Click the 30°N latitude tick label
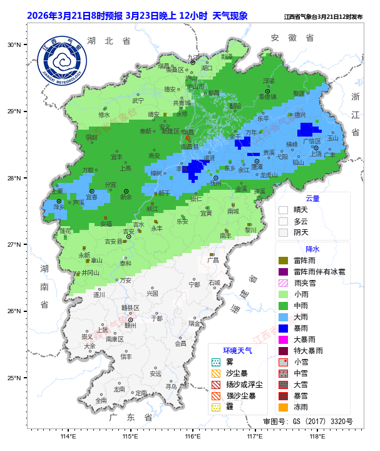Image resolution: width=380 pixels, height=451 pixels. [x=14, y=45]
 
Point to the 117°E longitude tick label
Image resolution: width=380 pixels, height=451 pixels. [x=254, y=437]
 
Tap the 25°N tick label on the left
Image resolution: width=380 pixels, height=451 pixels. [x=14, y=378]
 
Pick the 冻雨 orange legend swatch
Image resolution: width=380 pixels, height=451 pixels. [x=283, y=407]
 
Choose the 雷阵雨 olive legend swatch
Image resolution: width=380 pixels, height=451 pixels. [x=283, y=260]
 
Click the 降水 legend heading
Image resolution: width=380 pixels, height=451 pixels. [x=312, y=249]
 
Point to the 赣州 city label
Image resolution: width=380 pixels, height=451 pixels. [x=130, y=325]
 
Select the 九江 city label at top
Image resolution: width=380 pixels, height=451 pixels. [x=193, y=57]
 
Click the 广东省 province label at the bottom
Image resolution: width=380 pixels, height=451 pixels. [x=130, y=417]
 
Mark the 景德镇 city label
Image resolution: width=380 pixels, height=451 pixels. [x=268, y=97]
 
